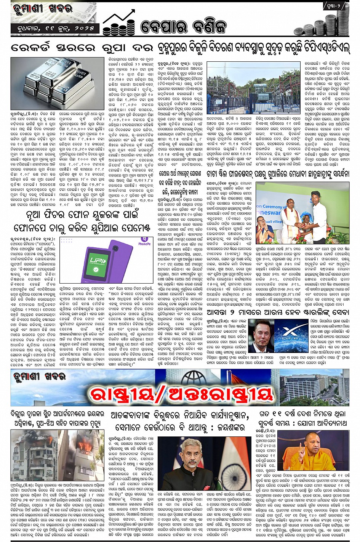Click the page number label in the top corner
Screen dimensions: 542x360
[336, 6]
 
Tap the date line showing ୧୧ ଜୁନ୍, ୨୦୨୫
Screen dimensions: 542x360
[55, 28]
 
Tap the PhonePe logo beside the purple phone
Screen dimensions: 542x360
[144, 242]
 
